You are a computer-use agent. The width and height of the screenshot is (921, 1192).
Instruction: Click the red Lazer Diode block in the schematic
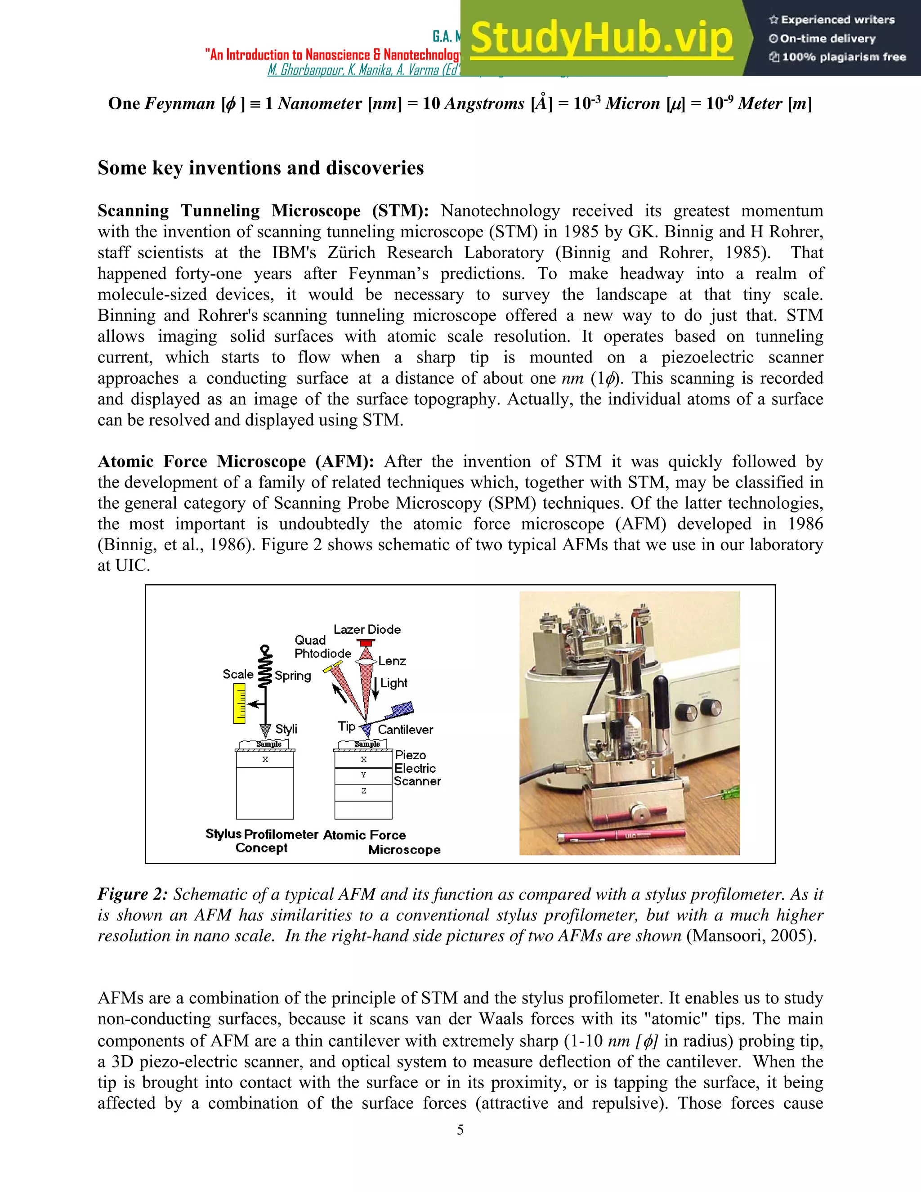(x=366, y=643)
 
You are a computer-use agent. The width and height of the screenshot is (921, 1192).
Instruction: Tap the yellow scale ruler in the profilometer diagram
(x=239, y=704)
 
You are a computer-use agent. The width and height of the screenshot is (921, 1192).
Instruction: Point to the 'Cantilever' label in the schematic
(x=405, y=730)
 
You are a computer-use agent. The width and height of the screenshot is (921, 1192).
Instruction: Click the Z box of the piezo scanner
(x=363, y=791)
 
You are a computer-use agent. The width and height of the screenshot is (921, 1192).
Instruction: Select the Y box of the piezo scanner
(x=363, y=775)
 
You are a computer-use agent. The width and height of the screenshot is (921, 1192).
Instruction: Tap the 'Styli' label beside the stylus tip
(x=286, y=729)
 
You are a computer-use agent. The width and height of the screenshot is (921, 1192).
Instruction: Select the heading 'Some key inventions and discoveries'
(x=260, y=168)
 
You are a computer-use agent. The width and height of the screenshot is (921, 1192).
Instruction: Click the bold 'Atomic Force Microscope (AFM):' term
(x=236, y=462)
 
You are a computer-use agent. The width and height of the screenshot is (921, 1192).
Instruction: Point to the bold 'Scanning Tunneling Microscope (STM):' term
(x=263, y=211)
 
